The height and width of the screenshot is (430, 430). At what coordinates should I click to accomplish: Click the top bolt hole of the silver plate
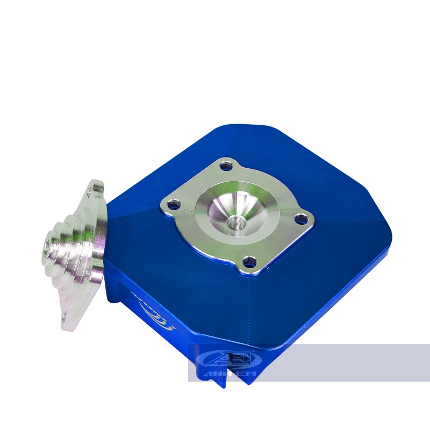point(227,167)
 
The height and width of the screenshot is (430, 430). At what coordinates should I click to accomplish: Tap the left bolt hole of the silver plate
point(173,204)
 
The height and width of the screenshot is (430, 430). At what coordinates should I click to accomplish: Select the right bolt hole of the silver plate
point(303,219)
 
